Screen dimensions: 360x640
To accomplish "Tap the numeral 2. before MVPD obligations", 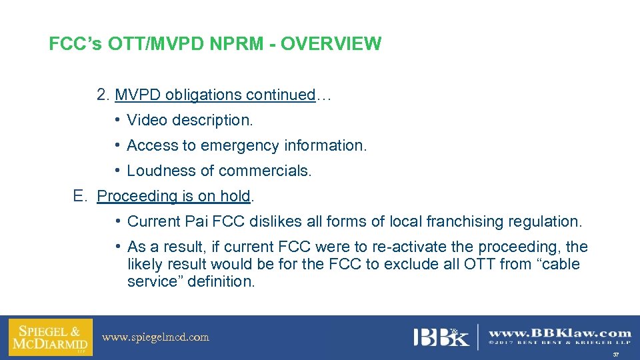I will point(103,95).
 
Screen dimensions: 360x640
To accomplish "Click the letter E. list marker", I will point(81,196).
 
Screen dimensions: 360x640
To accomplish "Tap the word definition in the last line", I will point(221,281).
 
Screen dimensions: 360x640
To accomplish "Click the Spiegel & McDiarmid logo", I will point(50,337).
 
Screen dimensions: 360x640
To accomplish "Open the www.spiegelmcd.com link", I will point(155,337).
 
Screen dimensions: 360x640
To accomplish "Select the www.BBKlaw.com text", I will point(560,333).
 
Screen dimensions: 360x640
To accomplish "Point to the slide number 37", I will point(616,355).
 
